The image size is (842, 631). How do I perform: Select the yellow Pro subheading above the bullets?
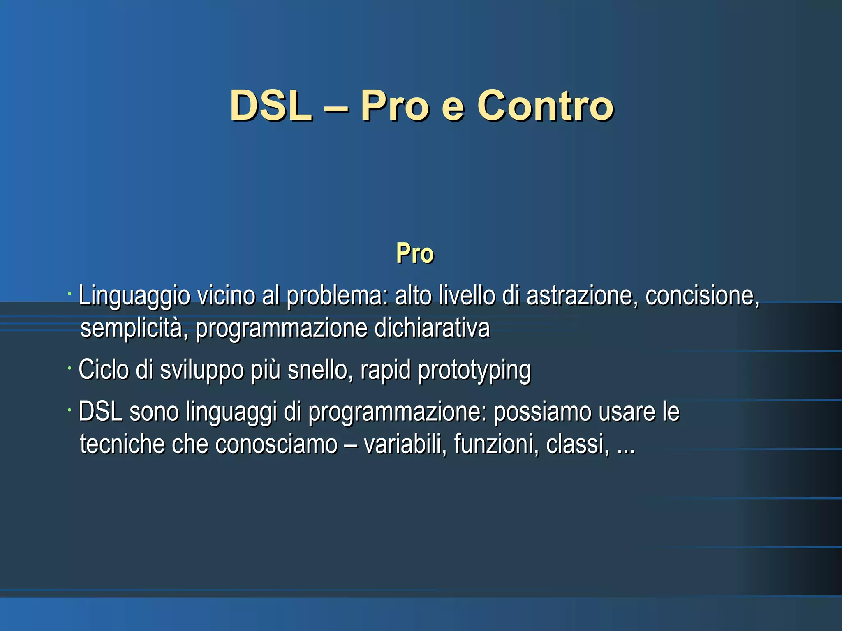pyautogui.click(x=415, y=253)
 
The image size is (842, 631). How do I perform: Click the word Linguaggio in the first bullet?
pyautogui.click(x=134, y=296)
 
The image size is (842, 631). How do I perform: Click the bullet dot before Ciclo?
pyautogui.click(x=70, y=368)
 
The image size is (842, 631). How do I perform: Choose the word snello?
pyautogui.click(x=320, y=370)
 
